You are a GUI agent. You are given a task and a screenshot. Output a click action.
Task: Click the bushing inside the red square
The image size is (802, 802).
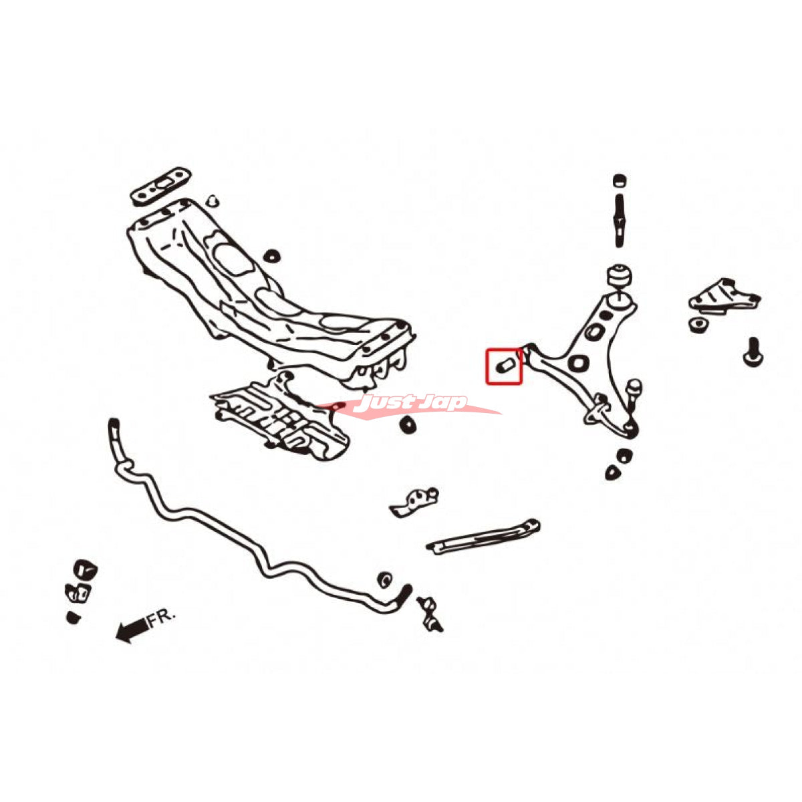click(505, 366)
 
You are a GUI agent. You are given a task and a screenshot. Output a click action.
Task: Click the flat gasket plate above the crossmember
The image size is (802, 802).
click(160, 184)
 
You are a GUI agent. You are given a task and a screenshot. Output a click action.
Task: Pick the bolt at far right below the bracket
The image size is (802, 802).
click(753, 351)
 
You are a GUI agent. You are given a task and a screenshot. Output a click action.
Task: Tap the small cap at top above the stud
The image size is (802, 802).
click(619, 180)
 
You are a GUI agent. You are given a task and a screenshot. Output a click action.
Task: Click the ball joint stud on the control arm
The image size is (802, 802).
click(634, 389)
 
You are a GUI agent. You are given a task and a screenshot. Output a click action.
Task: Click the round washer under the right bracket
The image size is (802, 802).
click(698, 325)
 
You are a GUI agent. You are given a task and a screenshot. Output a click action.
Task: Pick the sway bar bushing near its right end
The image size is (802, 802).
click(384, 579)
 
